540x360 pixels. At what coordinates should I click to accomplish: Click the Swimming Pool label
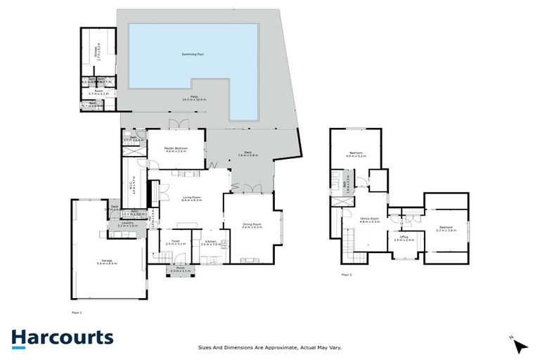click(x=192, y=53)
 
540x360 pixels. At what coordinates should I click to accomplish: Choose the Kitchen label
click(x=212, y=243)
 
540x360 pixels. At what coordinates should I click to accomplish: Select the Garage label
click(x=107, y=262)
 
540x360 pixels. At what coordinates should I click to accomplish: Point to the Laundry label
click(x=127, y=224)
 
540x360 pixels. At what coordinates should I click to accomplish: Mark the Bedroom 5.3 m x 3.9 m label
click(x=446, y=228)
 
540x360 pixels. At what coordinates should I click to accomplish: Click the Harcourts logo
click(x=62, y=337)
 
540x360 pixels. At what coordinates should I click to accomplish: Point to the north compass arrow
click(x=520, y=345)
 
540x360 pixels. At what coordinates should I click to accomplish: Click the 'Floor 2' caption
click(x=347, y=275)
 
